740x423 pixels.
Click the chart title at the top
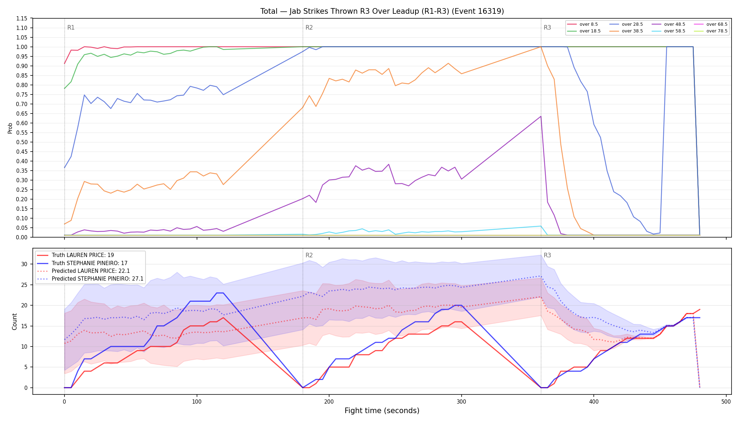tap(382, 11)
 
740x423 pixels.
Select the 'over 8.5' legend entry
tap(582, 24)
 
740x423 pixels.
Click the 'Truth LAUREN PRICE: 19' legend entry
tap(76, 255)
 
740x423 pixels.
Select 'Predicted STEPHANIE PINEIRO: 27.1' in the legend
tap(90, 279)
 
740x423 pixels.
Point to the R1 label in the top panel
tap(71, 27)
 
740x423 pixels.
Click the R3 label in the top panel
tap(547, 27)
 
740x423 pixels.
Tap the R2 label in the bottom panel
tap(309, 255)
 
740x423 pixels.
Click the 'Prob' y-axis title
tap(10, 128)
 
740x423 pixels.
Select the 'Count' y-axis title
tap(14, 321)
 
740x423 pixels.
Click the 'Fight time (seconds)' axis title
tap(382, 411)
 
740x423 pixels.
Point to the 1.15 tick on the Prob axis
tap(22, 18)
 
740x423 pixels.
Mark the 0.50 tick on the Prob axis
tap(22, 142)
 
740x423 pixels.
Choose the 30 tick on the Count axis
tap(24, 264)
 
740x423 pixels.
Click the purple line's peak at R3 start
tap(541, 116)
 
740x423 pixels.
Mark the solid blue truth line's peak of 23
tap(220, 293)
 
